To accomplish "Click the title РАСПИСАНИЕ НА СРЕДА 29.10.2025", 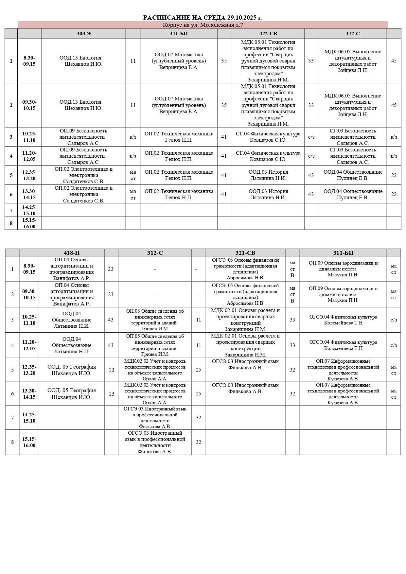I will click(203, 18).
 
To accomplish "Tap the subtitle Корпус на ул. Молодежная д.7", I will click(203, 25).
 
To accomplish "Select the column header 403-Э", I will click(83, 34).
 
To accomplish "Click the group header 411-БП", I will click(179, 34).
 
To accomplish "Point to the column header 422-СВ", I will click(268, 34).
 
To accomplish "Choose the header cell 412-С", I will click(353, 34).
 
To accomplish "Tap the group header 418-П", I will click(72, 253).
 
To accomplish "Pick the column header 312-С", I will click(155, 253).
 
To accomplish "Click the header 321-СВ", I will click(245, 253).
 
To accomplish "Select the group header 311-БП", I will click(343, 253).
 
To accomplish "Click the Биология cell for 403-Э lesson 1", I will click(83, 61).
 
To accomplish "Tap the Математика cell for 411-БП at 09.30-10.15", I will click(179, 105).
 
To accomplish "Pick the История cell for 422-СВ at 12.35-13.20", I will click(268, 175).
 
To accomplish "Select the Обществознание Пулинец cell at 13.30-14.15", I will click(353, 194).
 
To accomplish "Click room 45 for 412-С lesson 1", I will click(394, 61).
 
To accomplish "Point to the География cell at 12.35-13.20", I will click(72, 370).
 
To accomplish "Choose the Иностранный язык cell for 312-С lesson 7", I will click(155, 418).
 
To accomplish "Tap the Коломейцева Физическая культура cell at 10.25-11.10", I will click(343, 320).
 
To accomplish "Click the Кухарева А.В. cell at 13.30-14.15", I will click(343, 394).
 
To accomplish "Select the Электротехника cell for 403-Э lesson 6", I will click(83, 194).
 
